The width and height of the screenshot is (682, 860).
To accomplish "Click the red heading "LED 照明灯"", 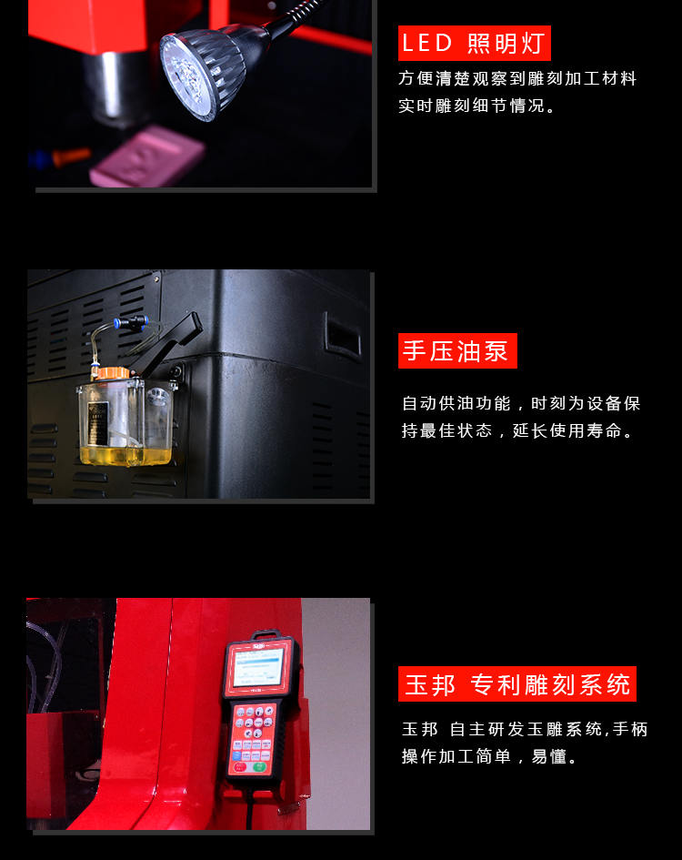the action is (x=475, y=44).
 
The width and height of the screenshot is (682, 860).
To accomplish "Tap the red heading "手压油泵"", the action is (x=457, y=351).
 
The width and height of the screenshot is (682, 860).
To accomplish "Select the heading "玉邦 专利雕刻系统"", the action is (x=517, y=684).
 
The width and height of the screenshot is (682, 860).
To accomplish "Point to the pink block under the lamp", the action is (x=147, y=157).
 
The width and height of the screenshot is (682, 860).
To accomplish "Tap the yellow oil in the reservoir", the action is (x=126, y=455).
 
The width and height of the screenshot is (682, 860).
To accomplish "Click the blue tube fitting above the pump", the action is (x=131, y=321).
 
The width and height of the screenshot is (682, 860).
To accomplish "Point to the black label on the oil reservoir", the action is (x=97, y=423).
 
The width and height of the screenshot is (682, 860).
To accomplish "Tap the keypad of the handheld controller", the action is (x=252, y=739).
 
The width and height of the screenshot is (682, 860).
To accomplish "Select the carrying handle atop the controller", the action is (x=266, y=635).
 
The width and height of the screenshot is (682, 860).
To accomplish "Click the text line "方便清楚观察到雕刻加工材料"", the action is (x=517, y=78).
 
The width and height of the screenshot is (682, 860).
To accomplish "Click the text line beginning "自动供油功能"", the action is (x=521, y=404).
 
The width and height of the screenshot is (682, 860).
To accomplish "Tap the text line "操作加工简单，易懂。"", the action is (x=489, y=757).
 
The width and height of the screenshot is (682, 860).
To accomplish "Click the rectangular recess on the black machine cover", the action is (x=343, y=336).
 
